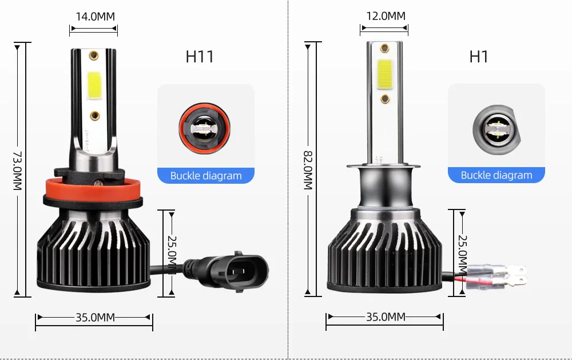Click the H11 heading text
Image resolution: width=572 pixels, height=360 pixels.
tap(200, 57)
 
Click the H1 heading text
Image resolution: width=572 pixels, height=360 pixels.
tap(479, 57)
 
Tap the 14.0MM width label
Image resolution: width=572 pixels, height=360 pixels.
tap(95, 17)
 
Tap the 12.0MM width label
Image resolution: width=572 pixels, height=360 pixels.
tap(386, 16)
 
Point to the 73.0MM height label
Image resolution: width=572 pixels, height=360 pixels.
tap(18, 171)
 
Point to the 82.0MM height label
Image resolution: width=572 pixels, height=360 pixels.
tap(308, 170)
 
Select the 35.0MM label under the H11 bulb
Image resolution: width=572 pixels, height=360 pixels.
tap(95, 317)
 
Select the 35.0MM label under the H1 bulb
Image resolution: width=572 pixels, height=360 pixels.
tap(386, 317)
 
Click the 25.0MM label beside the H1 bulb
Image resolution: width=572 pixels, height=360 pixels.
tap(462, 255)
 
